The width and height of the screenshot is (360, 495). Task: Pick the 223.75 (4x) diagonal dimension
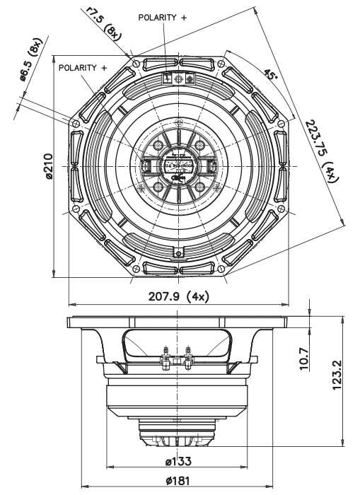tap(323, 149)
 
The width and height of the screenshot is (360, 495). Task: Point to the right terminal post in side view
tap(190, 353)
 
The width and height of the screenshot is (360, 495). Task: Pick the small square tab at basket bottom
tap(179, 252)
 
